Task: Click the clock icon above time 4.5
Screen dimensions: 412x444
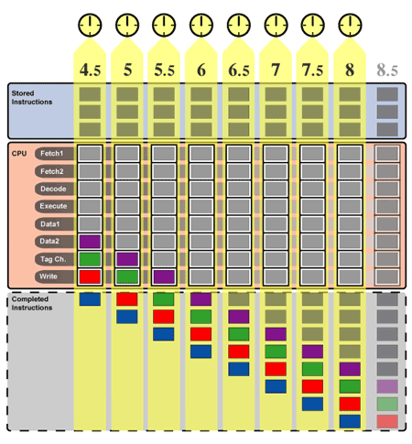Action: (x=90, y=25)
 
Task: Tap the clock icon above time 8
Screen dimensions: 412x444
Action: (x=350, y=25)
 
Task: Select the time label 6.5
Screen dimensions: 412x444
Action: (x=239, y=70)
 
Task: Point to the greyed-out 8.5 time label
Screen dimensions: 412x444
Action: (x=387, y=70)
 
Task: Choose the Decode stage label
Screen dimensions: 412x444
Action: (x=54, y=189)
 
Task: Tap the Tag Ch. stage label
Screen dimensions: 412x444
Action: (x=54, y=259)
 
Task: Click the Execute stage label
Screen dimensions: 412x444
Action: (x=54, y=206)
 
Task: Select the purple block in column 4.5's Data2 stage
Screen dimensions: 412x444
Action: (x=90, y=242)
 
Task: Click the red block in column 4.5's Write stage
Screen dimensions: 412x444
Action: (x=90, y=276)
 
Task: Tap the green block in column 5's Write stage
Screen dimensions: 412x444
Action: (x=127, y=276)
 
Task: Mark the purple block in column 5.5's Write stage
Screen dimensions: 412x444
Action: (x=164, y=276)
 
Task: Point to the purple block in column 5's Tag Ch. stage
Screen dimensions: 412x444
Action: (x=127, y=259)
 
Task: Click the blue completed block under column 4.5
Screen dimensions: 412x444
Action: (x=90, y=299)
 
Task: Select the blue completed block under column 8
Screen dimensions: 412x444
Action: (x=350, y=421)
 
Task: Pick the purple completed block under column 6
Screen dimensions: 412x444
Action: (x=201, y=299)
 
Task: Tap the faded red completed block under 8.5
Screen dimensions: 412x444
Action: (x=387, y=421)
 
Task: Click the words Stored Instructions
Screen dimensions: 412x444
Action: (x=32, y=97)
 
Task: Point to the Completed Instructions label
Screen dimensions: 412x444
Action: (x=32, y=303)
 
